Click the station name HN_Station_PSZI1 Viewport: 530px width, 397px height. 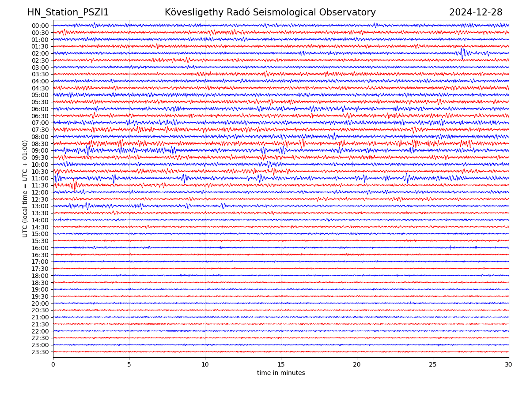(68, 12)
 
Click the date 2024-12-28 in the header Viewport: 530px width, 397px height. (476, 12)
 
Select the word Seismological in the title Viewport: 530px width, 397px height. (285, 12)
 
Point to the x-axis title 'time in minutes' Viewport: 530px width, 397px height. (281, 373)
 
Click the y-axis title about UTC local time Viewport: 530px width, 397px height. (25, 188)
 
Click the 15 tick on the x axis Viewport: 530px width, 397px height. (281, 365)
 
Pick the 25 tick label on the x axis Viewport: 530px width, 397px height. (433, 365)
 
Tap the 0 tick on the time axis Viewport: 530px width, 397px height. (53, 365)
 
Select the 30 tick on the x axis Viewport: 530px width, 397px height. (509, 365)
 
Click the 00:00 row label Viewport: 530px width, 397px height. (40, 26)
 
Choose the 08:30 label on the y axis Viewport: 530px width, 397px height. (40, 144)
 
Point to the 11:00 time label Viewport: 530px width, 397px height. (40, 179)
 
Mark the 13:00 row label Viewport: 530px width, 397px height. (40, 206)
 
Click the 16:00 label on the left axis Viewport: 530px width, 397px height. (40, 248)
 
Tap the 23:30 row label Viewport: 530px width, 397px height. (40, 352)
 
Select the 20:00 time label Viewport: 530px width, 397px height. (40, 303)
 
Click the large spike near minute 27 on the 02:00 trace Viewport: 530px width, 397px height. (462, 53)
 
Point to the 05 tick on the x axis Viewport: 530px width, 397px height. (129, 365)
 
